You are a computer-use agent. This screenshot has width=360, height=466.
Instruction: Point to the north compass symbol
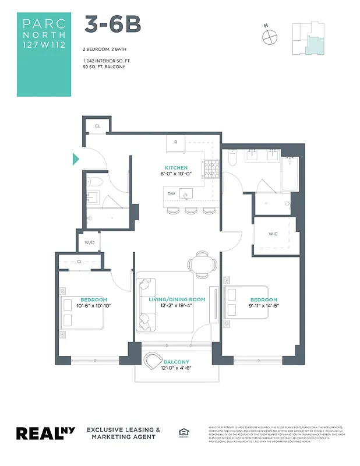pyautogui.click(x=269, y=36)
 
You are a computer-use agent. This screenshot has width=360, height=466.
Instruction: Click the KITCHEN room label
pyautogui.click(x=176, y=168)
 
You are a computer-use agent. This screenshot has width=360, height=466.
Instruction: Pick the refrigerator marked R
pyautogui.click(x=176, y=142)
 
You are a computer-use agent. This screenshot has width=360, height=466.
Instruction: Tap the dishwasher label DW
pyautogui.click(x=171, y=194)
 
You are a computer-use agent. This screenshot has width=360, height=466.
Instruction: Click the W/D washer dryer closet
pyautogui.click(x=90, y=242)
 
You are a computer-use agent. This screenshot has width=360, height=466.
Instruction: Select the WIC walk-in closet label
pyautogui.click(x=273, y=235)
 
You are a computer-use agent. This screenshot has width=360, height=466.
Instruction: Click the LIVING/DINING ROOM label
pyautogui.click(x=177, y=299)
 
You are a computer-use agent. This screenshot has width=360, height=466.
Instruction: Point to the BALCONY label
pyautogui.click(x=175, y=361)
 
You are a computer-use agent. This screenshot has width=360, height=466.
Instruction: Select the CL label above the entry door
pyautogui.click(x=97, y=125)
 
